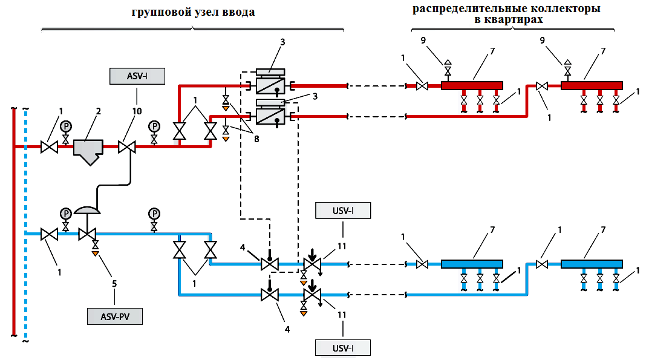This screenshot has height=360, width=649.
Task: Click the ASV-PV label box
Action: [x=115, y=316]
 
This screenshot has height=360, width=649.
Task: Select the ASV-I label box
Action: [x=137, y=76]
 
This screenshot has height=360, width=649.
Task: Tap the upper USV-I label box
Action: [x=343, y=211]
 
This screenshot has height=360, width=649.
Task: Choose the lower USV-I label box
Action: [x=343, y=347]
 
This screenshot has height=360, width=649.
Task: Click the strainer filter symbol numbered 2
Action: [x=88, y=151]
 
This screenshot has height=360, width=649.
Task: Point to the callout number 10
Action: [x=137, y=111]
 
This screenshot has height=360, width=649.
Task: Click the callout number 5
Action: [x=114, y=284]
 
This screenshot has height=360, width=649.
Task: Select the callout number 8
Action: [x=256, y=139]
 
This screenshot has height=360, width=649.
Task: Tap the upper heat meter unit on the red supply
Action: [x=270, y=82]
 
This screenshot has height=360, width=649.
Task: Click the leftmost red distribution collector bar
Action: [x=472, y=86]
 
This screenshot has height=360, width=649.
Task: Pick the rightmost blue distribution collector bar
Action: [x=592, y=264]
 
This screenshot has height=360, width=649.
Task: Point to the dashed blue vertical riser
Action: [x=25, y=224]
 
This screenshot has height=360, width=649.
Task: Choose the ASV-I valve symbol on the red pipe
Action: [x=127, y=146]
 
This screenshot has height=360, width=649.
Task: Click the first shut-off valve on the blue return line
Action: [x=49, y=234]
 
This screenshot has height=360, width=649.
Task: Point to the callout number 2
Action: [x=99, y=111]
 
